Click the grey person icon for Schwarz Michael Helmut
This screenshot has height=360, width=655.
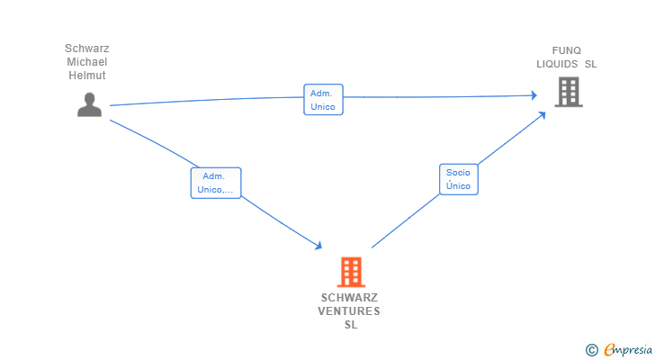click(89, 105)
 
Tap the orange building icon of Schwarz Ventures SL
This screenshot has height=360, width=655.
click(351, 272)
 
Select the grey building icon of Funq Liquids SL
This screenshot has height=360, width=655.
click(568, 92)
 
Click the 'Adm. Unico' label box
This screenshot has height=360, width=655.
click(323, 100)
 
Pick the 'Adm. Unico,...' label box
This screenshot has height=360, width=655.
click(216, 183)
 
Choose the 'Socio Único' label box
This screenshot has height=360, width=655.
click(458, 179)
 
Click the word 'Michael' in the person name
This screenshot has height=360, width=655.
click(86, 62)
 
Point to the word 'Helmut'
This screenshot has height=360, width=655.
click(86, 76)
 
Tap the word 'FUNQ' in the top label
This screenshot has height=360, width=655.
click(567, 50)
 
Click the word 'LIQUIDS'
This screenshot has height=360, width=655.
click(558, 64)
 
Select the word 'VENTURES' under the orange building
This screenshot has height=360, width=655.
click(349, 311)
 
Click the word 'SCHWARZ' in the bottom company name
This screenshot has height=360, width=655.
click(349, 298)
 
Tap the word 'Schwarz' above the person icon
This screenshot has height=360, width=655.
click(86, 49)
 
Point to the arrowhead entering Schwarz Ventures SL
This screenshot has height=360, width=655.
click(319, 246)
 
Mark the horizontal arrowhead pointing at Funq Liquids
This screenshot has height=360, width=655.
click(534, 94)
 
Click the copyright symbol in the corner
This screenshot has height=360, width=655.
click(591, 349)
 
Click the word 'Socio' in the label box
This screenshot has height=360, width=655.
click(458, 173)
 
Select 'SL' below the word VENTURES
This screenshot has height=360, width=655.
click(351, 325)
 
